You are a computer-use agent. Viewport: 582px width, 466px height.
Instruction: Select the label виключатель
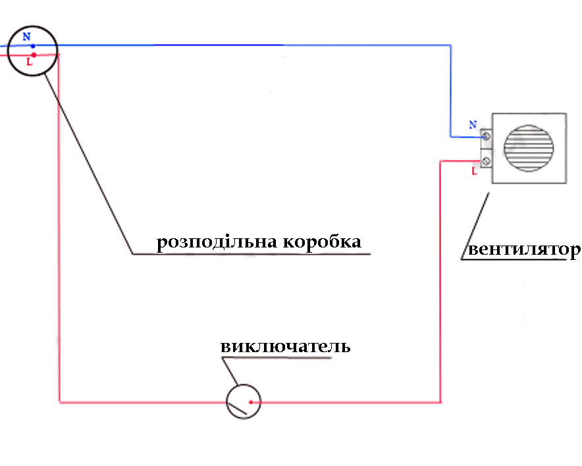285,347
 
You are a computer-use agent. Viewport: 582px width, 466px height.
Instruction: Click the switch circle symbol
243,401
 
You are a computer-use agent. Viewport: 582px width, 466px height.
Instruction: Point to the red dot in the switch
251,401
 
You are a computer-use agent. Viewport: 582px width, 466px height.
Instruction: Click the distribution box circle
33,50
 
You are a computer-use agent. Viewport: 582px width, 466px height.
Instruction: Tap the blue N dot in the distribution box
33,46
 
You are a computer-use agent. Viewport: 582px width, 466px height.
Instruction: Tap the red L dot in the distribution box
33,55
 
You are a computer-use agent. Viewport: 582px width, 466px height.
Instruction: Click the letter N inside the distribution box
26,37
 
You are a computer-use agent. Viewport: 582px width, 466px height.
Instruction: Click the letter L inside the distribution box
28,63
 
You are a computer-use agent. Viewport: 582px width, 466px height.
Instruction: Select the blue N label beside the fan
473,124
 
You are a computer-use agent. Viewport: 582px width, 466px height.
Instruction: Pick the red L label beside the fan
474,171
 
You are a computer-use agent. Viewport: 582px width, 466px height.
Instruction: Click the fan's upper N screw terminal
487,137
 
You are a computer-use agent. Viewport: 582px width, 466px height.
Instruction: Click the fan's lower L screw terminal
487,160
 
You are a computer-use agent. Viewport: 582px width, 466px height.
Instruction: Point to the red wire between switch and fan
349,401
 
